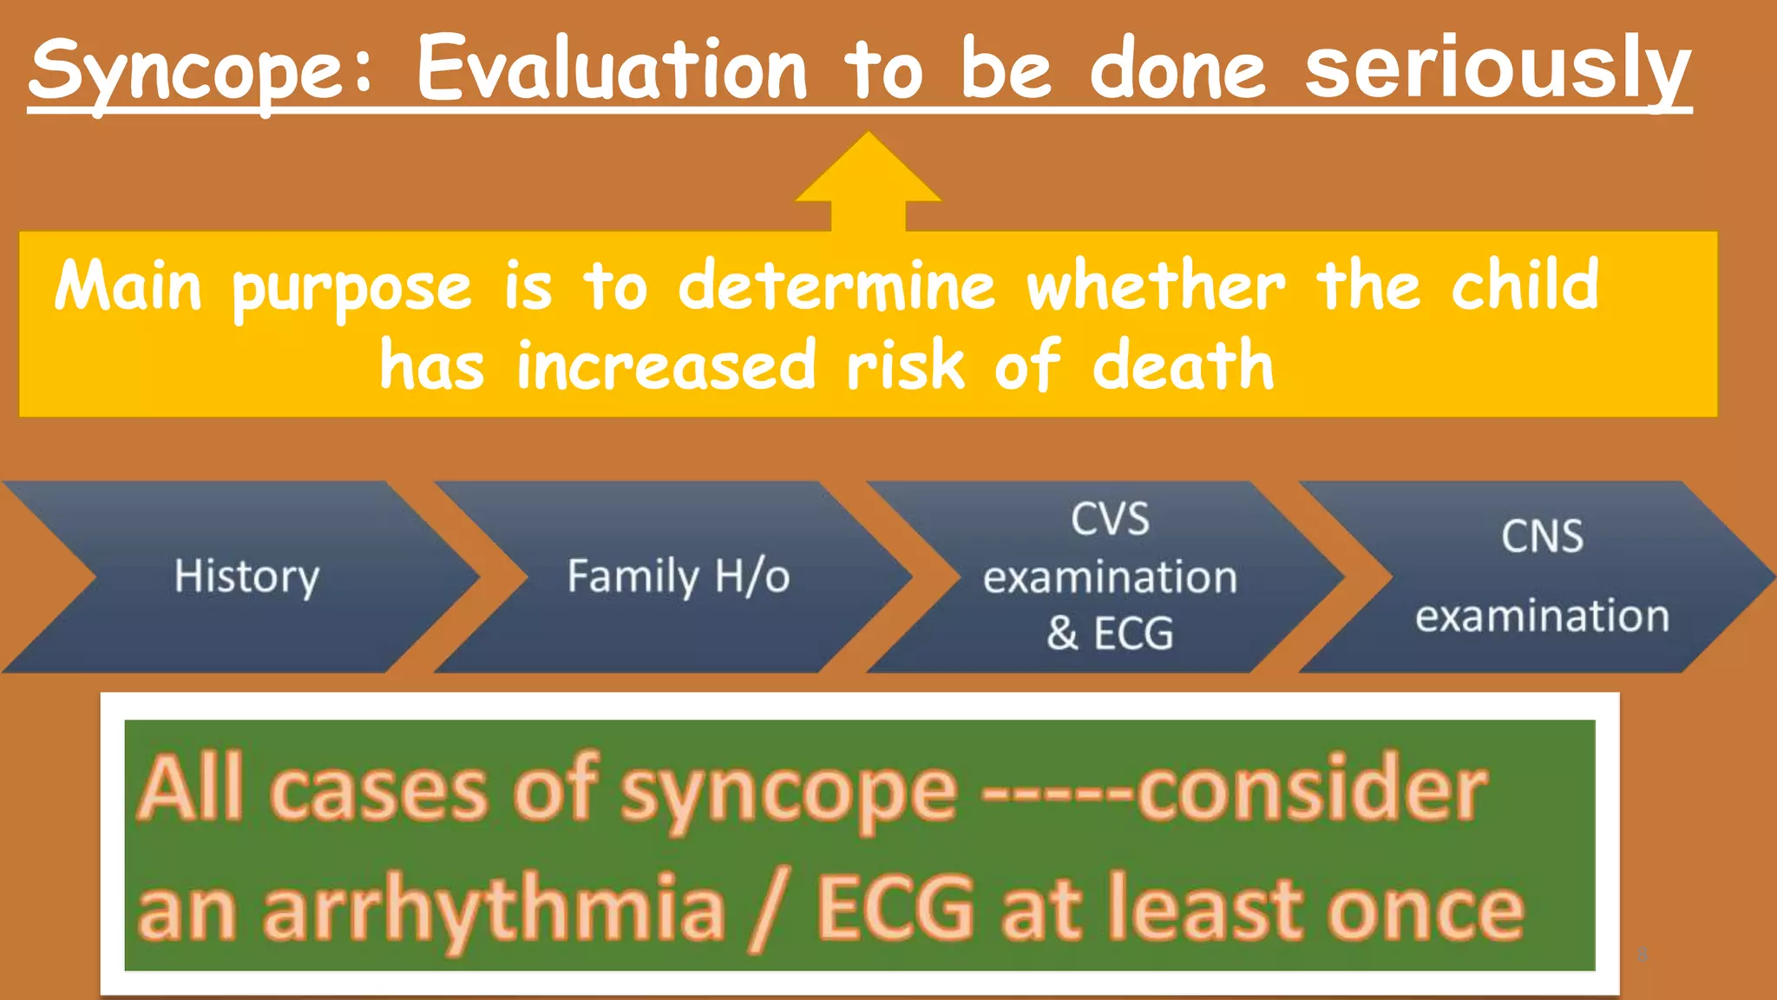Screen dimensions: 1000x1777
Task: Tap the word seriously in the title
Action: pos(1498,69)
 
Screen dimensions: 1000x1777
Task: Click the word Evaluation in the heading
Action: pos(612,69)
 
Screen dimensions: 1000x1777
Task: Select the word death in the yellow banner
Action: pos(1183,365)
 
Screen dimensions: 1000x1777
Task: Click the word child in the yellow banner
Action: pos(1525,286)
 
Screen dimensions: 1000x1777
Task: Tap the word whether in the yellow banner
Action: pos(1155,286)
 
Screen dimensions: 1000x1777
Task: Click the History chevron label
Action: pos(246,576)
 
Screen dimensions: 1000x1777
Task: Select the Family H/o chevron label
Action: pos(679,576)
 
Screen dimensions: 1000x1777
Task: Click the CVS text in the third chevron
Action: pos(1110,520)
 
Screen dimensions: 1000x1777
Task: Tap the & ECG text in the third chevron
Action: pos(1110,633)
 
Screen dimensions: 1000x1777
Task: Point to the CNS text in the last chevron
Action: pos(1542,536)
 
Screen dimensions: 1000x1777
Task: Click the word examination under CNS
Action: pos(1542,616)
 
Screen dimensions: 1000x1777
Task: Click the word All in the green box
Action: pos(191,788)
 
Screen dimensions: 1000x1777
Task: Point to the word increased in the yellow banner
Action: pos(666,365)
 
